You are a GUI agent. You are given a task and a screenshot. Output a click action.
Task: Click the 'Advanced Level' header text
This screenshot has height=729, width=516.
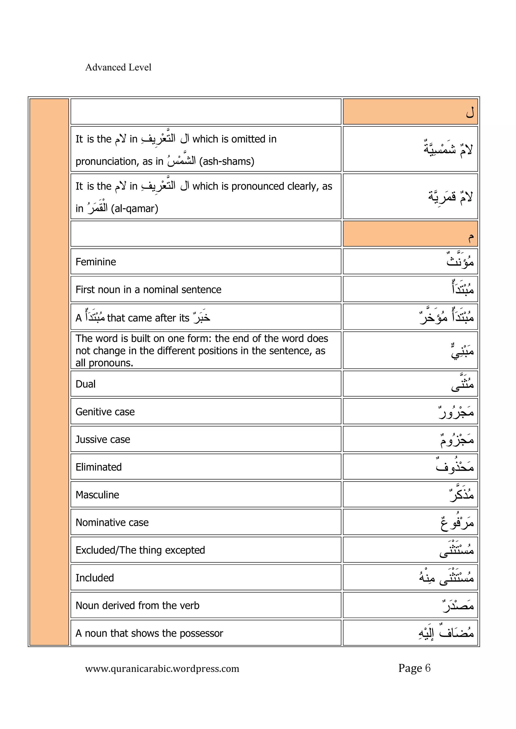[x=118, y=67]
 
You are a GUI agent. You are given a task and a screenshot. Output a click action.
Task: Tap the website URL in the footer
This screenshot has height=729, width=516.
[x=162, y=668]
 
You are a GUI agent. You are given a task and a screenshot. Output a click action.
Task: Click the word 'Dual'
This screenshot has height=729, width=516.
[x=85, y=384]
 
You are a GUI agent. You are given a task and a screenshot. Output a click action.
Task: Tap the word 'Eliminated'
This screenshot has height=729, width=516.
[x=99, y=467]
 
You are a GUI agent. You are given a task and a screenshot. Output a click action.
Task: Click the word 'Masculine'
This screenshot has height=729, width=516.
[x=97, y=495]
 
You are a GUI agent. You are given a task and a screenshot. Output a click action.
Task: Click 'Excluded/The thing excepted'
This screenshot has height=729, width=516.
[x=140, y=550]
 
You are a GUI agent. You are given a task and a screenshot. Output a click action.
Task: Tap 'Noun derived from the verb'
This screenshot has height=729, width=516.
[x=137, y=605]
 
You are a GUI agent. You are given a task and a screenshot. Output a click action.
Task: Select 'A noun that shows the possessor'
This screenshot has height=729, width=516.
[x=149, y=633]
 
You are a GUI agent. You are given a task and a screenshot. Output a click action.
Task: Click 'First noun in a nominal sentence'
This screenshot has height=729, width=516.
[x=148, y=289]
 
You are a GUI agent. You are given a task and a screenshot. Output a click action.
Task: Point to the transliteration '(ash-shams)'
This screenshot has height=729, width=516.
[x=227, y=162]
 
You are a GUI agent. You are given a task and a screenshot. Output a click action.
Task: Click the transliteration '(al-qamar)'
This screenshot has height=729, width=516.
[x=135, y=209]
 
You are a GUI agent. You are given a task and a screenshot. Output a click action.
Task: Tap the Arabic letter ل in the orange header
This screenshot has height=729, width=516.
[x=470, y=113]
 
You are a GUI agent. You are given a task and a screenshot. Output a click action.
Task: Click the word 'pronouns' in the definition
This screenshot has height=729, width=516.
[x=110, y=363]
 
